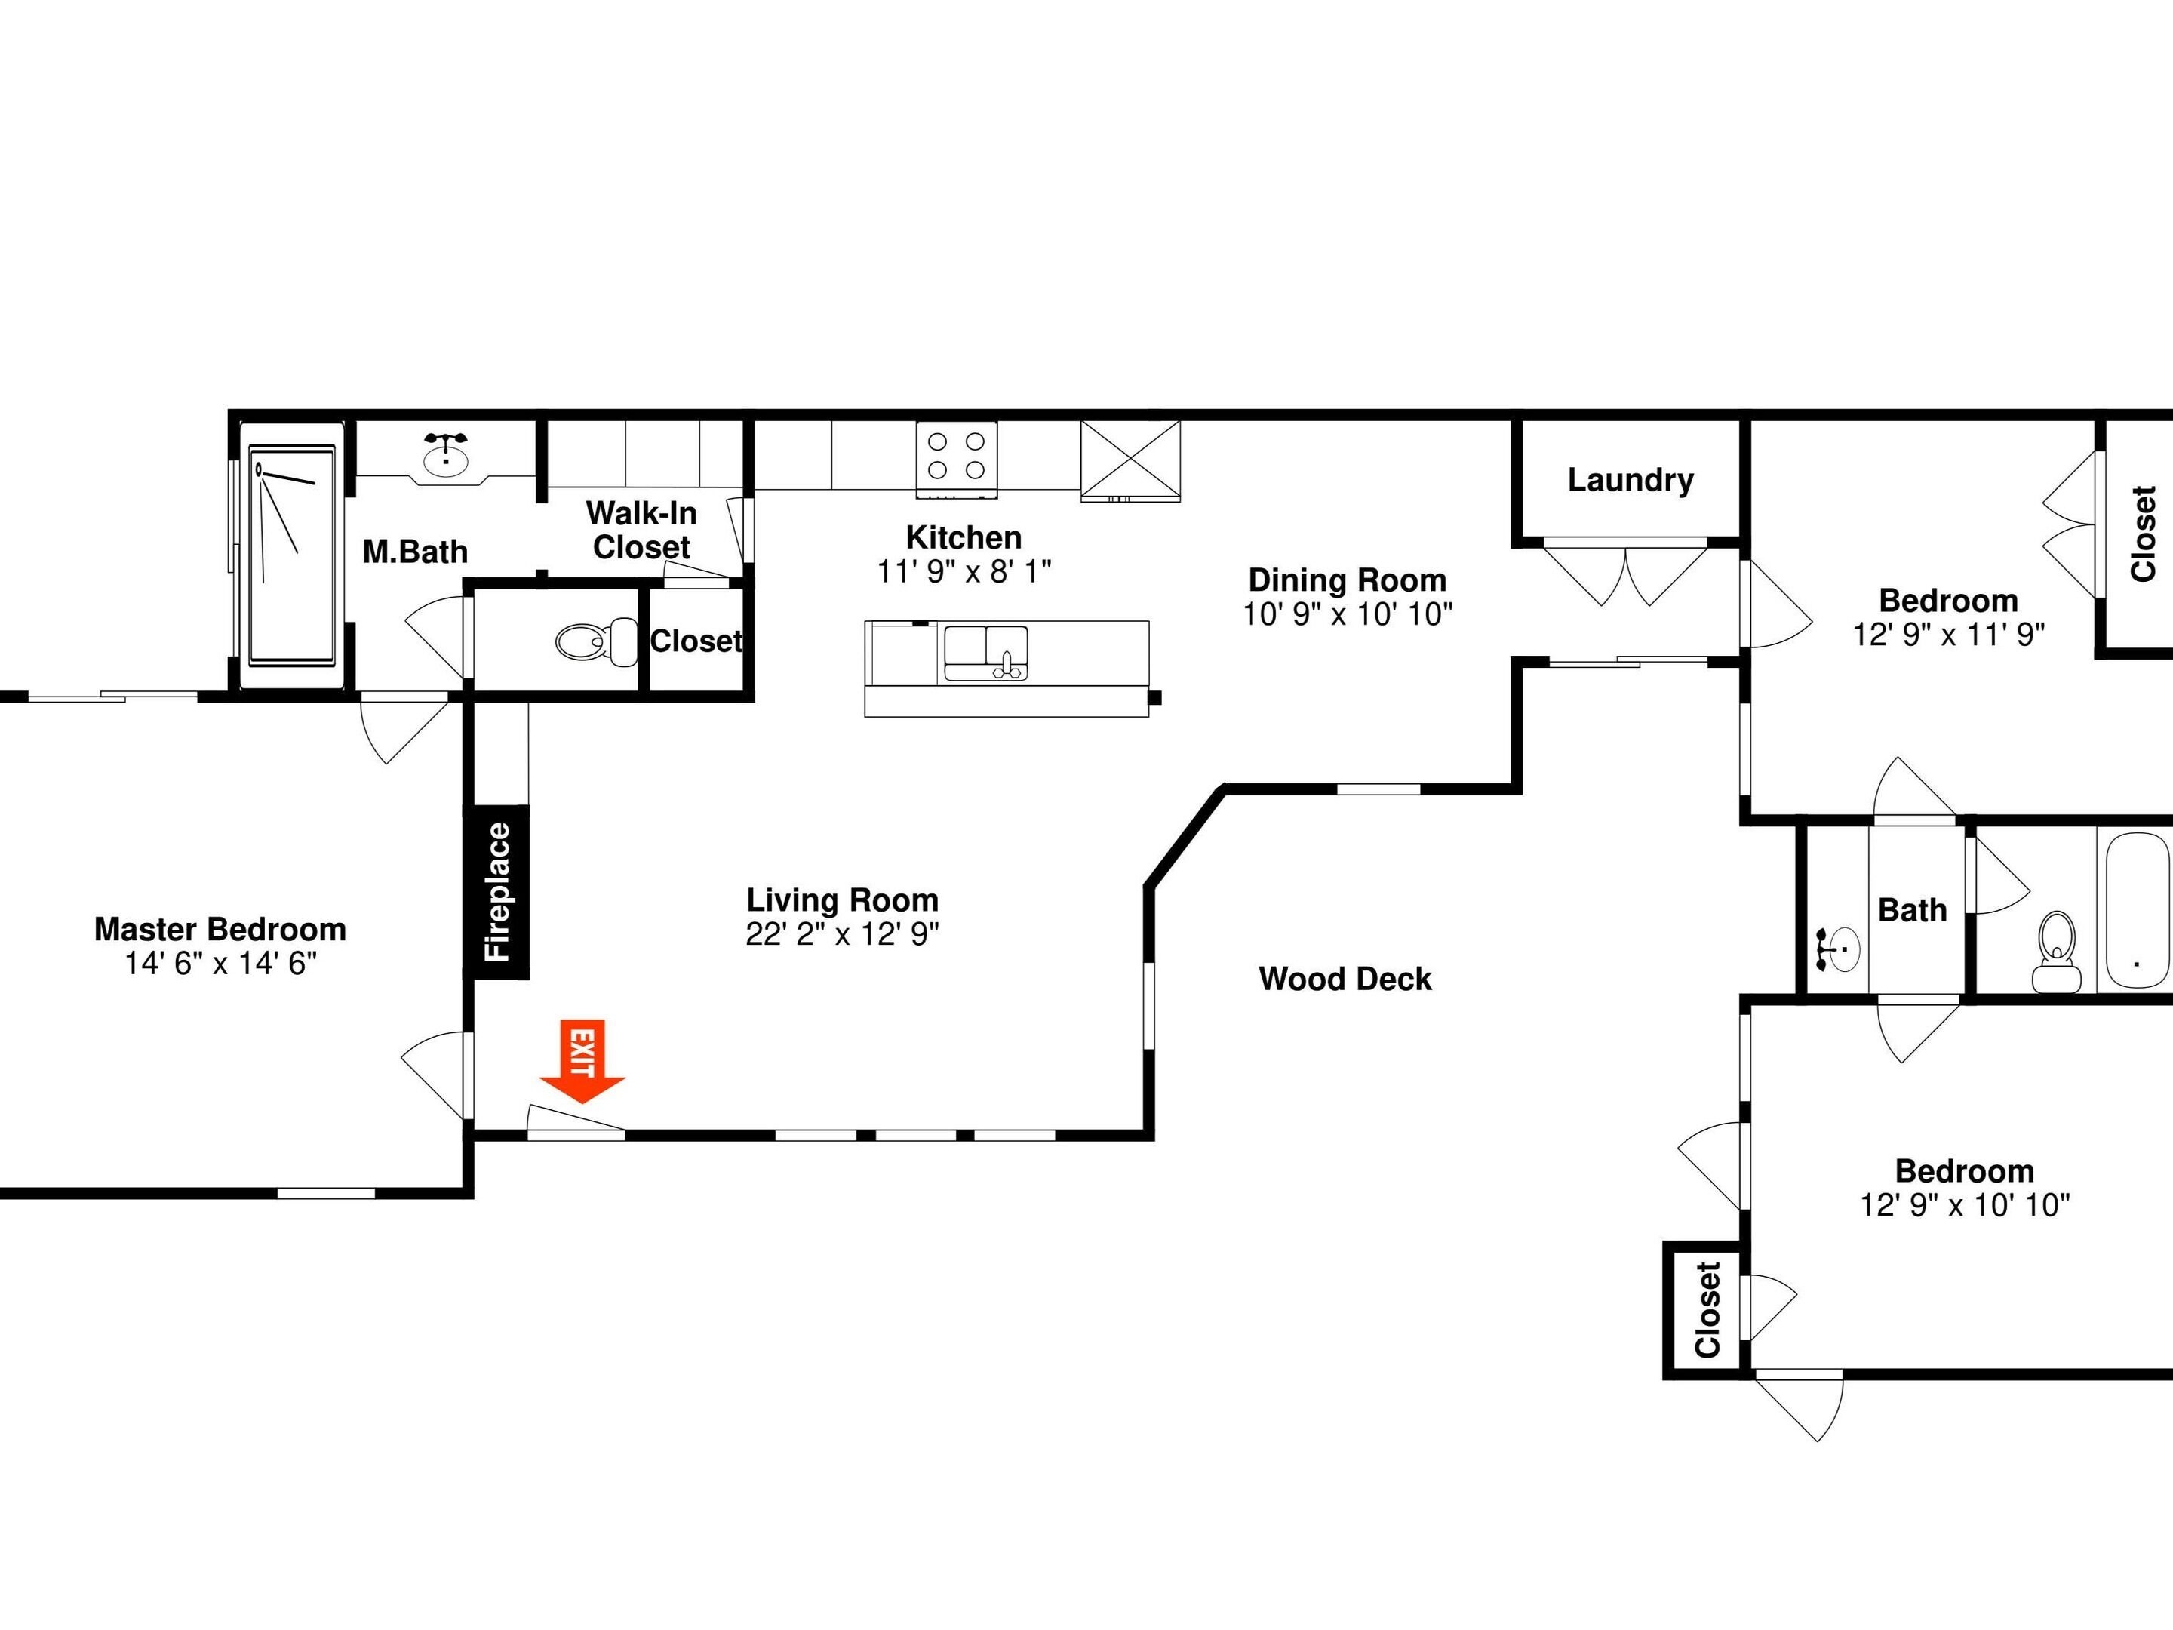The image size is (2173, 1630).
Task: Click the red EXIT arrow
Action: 582,1061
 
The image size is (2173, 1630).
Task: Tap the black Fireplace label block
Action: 497,892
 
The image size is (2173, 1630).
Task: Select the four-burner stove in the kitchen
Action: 957,458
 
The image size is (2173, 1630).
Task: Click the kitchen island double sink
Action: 985,654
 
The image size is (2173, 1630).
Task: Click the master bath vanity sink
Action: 446,456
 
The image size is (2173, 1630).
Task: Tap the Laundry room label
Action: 1631,481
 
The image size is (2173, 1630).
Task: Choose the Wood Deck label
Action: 1345,979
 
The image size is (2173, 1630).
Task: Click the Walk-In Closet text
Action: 641,530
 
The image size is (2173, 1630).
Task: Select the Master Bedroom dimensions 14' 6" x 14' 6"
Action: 221,964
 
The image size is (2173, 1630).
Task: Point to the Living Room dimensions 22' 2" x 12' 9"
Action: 842,934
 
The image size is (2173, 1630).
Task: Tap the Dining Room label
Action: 1347,580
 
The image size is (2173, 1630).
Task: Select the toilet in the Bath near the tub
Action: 2056,950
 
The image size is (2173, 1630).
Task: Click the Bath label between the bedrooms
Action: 1912,911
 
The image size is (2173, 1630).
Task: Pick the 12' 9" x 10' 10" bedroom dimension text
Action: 1965,1206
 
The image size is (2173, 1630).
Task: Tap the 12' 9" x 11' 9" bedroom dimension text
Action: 1949,635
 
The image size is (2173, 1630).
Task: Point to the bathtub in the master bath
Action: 292,556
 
